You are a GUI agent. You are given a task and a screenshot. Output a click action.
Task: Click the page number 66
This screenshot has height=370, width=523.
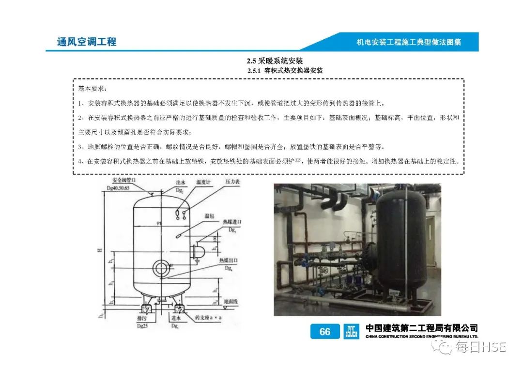coord(325,332)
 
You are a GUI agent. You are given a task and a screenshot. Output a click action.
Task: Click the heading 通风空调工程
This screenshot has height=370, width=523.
coord(87,42)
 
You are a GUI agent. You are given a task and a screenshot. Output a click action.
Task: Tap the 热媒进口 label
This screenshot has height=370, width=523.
coord(232,222)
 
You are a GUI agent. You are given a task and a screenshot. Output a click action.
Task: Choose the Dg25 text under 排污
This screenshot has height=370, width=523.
coord(142,324)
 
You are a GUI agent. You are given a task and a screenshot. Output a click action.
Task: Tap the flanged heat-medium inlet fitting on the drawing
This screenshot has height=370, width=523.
coord(198,252)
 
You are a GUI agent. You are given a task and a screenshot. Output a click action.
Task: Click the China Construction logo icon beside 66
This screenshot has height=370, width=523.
coord(351,332)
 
